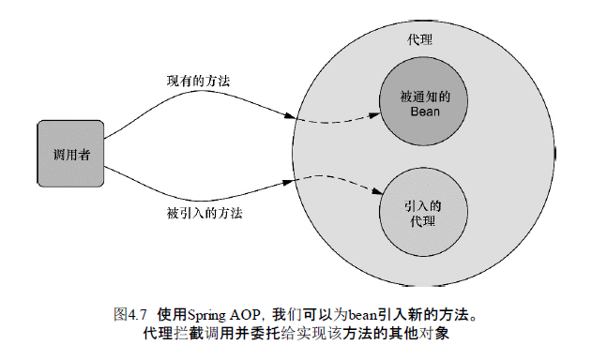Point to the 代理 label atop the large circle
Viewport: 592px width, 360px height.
click(x=419, y=42)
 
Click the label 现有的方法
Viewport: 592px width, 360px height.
click(x=192, y=82)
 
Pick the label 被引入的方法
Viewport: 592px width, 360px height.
click(x=198, y=213)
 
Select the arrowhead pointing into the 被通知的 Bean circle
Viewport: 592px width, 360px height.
click(x=373, y=112)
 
